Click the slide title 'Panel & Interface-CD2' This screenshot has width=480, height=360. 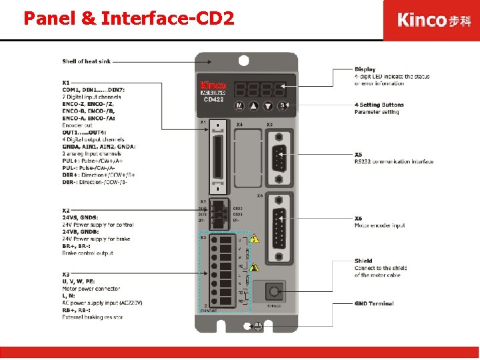coord(129,18)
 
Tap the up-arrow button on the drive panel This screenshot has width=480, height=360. coord(254,106)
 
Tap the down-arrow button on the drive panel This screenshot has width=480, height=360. coord(268,106)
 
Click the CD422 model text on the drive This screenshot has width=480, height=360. coord(213,99)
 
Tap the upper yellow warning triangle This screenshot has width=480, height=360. coord(255,238)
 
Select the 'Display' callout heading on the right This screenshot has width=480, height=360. coord(365,69)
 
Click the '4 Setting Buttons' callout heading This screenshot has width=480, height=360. coord(379,105)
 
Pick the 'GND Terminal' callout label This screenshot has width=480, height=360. coord(373,303)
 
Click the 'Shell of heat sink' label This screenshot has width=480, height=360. coord(86,61)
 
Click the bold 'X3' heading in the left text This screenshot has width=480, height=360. coord(66,275)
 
